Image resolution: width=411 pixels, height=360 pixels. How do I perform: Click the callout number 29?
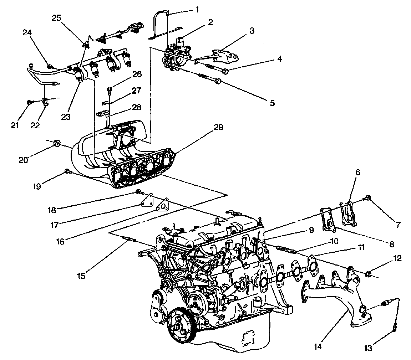click(x=219, y=127)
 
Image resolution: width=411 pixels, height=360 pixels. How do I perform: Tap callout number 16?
click(x=60, y=241)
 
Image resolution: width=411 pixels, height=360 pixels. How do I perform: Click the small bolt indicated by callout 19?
click(x=67, y=172)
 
